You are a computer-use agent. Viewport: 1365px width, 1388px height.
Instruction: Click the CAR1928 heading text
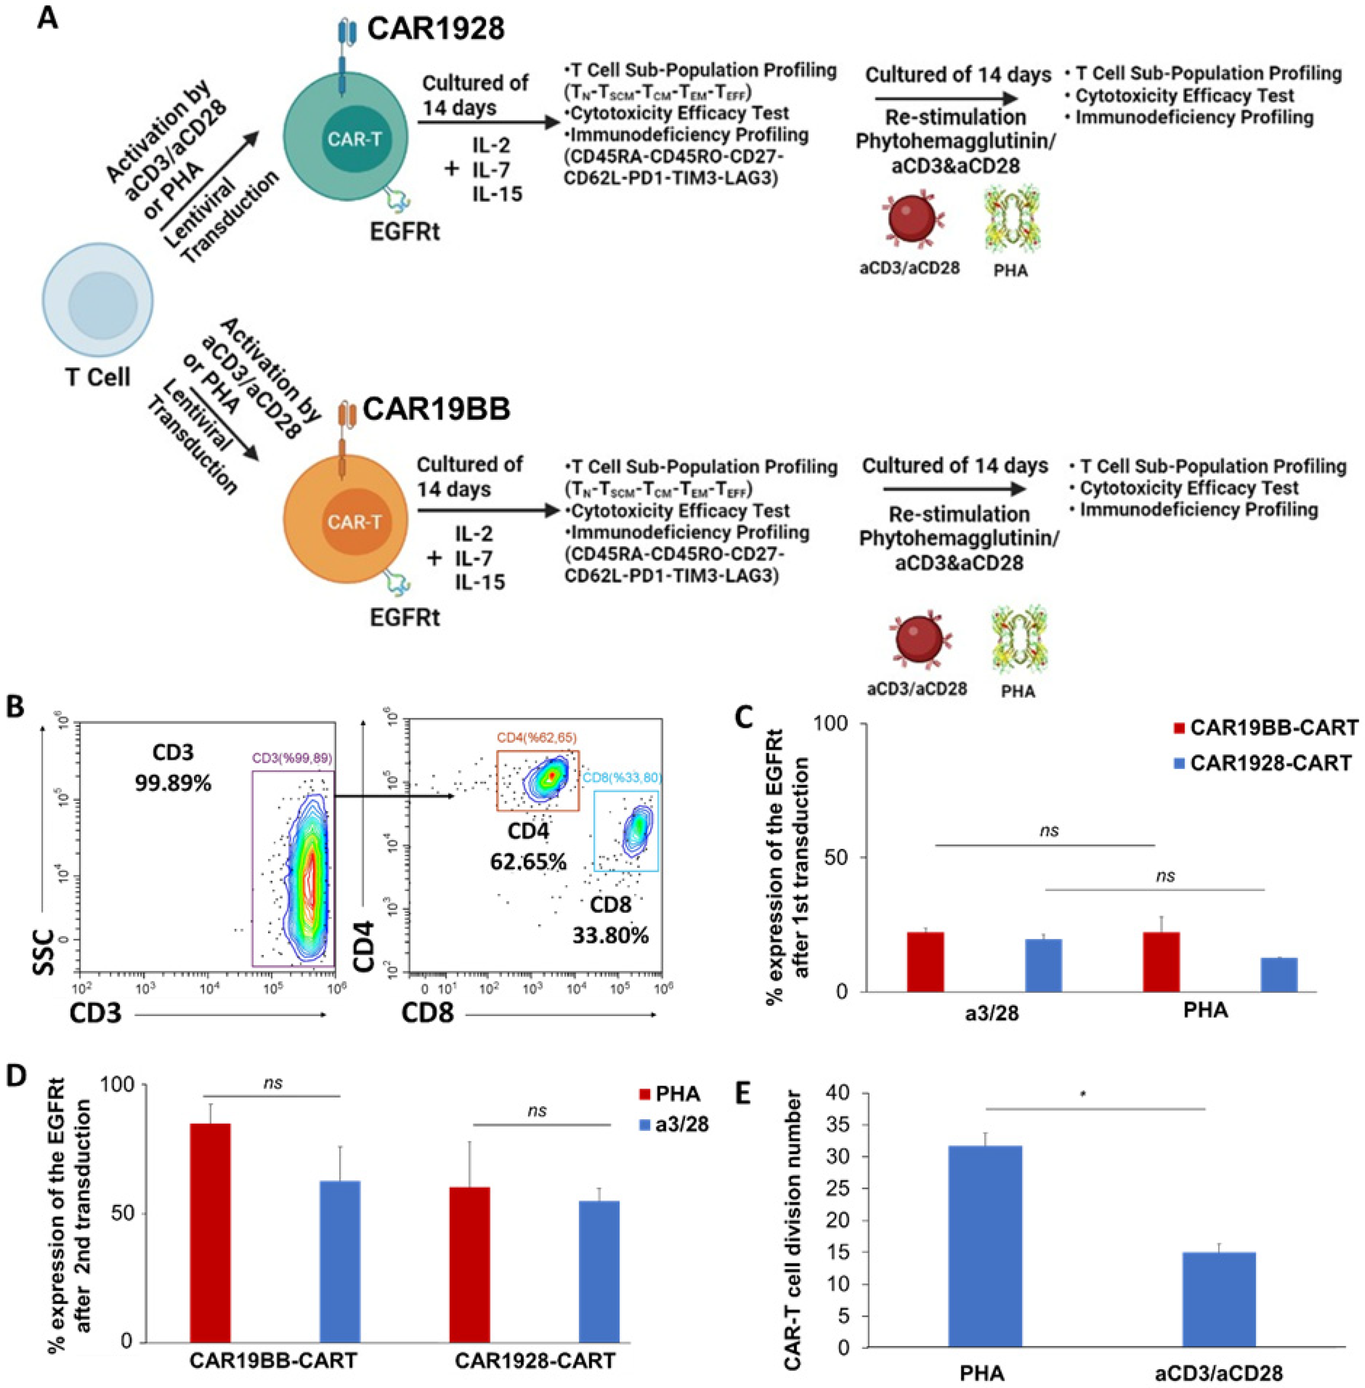436,29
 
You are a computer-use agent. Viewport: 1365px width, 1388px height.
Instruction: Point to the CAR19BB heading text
436,410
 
